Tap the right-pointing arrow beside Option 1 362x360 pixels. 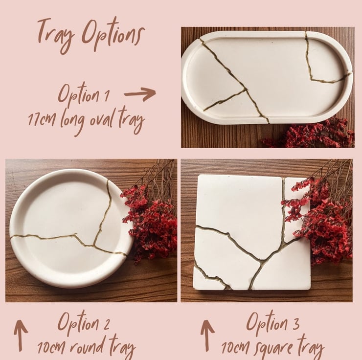[x=140, y=93]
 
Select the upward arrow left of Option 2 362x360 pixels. [x=21, y=336]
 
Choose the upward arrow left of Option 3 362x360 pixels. [x=207, y=336]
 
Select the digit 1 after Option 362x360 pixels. [x=107, y=95]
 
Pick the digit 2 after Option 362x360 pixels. [x=107, y=324]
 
